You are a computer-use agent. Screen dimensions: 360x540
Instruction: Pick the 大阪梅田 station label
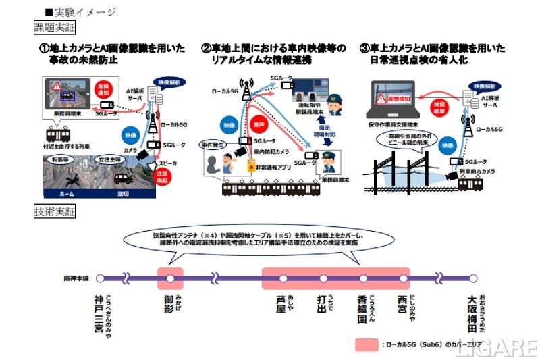[473, 312]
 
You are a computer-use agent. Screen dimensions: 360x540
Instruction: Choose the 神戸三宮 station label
[101, 312]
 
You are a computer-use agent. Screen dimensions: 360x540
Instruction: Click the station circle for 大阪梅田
[473, 278]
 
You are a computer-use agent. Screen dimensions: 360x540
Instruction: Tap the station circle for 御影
[170, 278]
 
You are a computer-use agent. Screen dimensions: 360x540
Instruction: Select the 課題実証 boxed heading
[55, 28]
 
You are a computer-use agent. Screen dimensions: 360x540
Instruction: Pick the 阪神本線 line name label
[76, 278]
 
